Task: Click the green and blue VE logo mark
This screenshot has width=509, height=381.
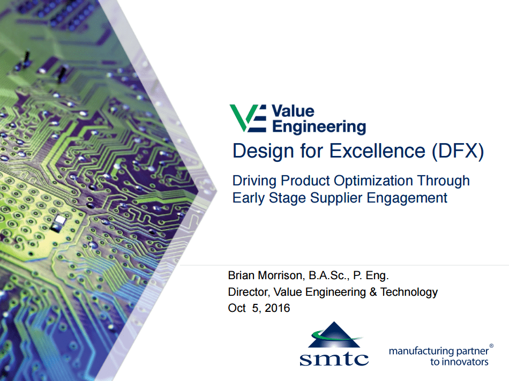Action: pyautogui.click(x=248, y=118)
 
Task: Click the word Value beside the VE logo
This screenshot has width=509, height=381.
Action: pyautogui.click(x=293, y=111)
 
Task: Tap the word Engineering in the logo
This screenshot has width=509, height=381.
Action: pyautogui.click(x=319, y=127)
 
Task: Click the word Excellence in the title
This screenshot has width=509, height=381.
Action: pyautogui.click(x=377, y=151)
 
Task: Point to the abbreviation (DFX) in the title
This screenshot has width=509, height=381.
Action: pyautogui.click(x=458, y=151)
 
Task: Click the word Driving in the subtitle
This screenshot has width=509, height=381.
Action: pyautogui.click(x=254, y=181)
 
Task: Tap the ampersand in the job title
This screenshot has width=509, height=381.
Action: pyautogui.click(x=373, y=292)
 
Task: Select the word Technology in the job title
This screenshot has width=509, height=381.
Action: pyautogui.click(x=409, y=292)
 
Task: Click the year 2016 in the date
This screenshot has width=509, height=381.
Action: pyautogui.click(x=277, y=308)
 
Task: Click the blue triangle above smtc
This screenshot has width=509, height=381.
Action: pyautogui.click(x=334, y=334)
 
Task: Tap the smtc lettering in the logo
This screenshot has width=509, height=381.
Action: pyautogui.click(x=334, y=358)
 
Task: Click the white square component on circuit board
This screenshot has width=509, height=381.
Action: pyautogui.click(x=60, y=220)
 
